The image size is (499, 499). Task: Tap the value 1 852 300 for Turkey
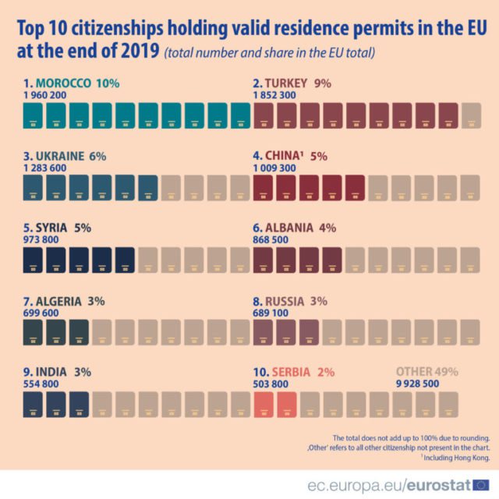[x=274, y=95]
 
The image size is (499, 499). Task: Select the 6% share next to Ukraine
[x=97, y=156]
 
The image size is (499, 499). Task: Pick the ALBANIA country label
[x=290, y=228]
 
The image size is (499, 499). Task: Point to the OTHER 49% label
[x=427, y=372]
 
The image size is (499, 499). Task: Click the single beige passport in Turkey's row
[x=471, y=115]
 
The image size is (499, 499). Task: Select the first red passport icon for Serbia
[x=264, y=405]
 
